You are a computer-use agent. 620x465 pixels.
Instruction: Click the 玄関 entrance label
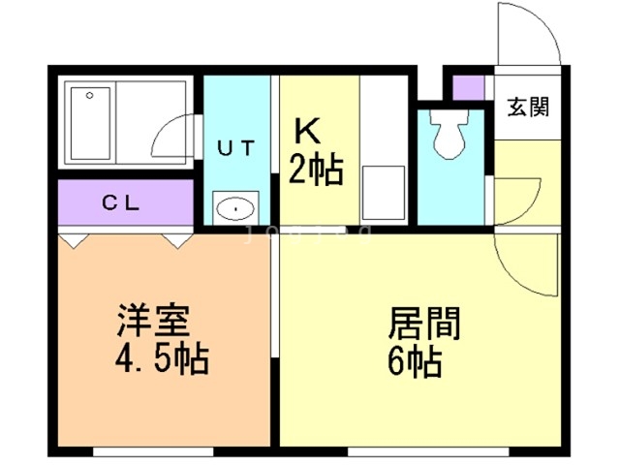point(526,107)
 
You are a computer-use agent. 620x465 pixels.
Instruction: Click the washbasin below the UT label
point(235,207)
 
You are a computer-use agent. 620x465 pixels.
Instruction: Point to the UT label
point(235,148)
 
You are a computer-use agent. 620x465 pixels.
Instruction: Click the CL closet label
point(123,203)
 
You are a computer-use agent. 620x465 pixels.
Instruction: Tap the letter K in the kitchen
point(307,131)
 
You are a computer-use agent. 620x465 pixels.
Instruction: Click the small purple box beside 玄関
point(469,86)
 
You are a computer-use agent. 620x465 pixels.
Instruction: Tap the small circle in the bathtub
point(89,96)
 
